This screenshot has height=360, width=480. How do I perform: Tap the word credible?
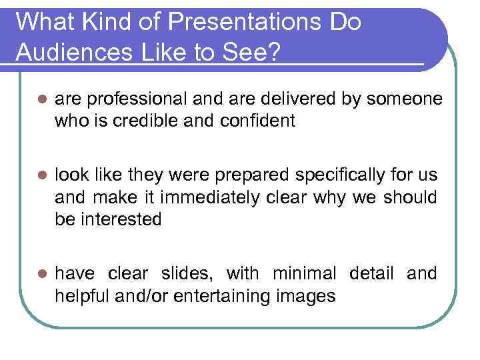[175, 122]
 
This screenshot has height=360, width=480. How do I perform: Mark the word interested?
[120, 220]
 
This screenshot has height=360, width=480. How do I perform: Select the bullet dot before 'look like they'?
[41, 176]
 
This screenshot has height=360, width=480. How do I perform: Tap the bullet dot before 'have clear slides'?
[41, 274]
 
